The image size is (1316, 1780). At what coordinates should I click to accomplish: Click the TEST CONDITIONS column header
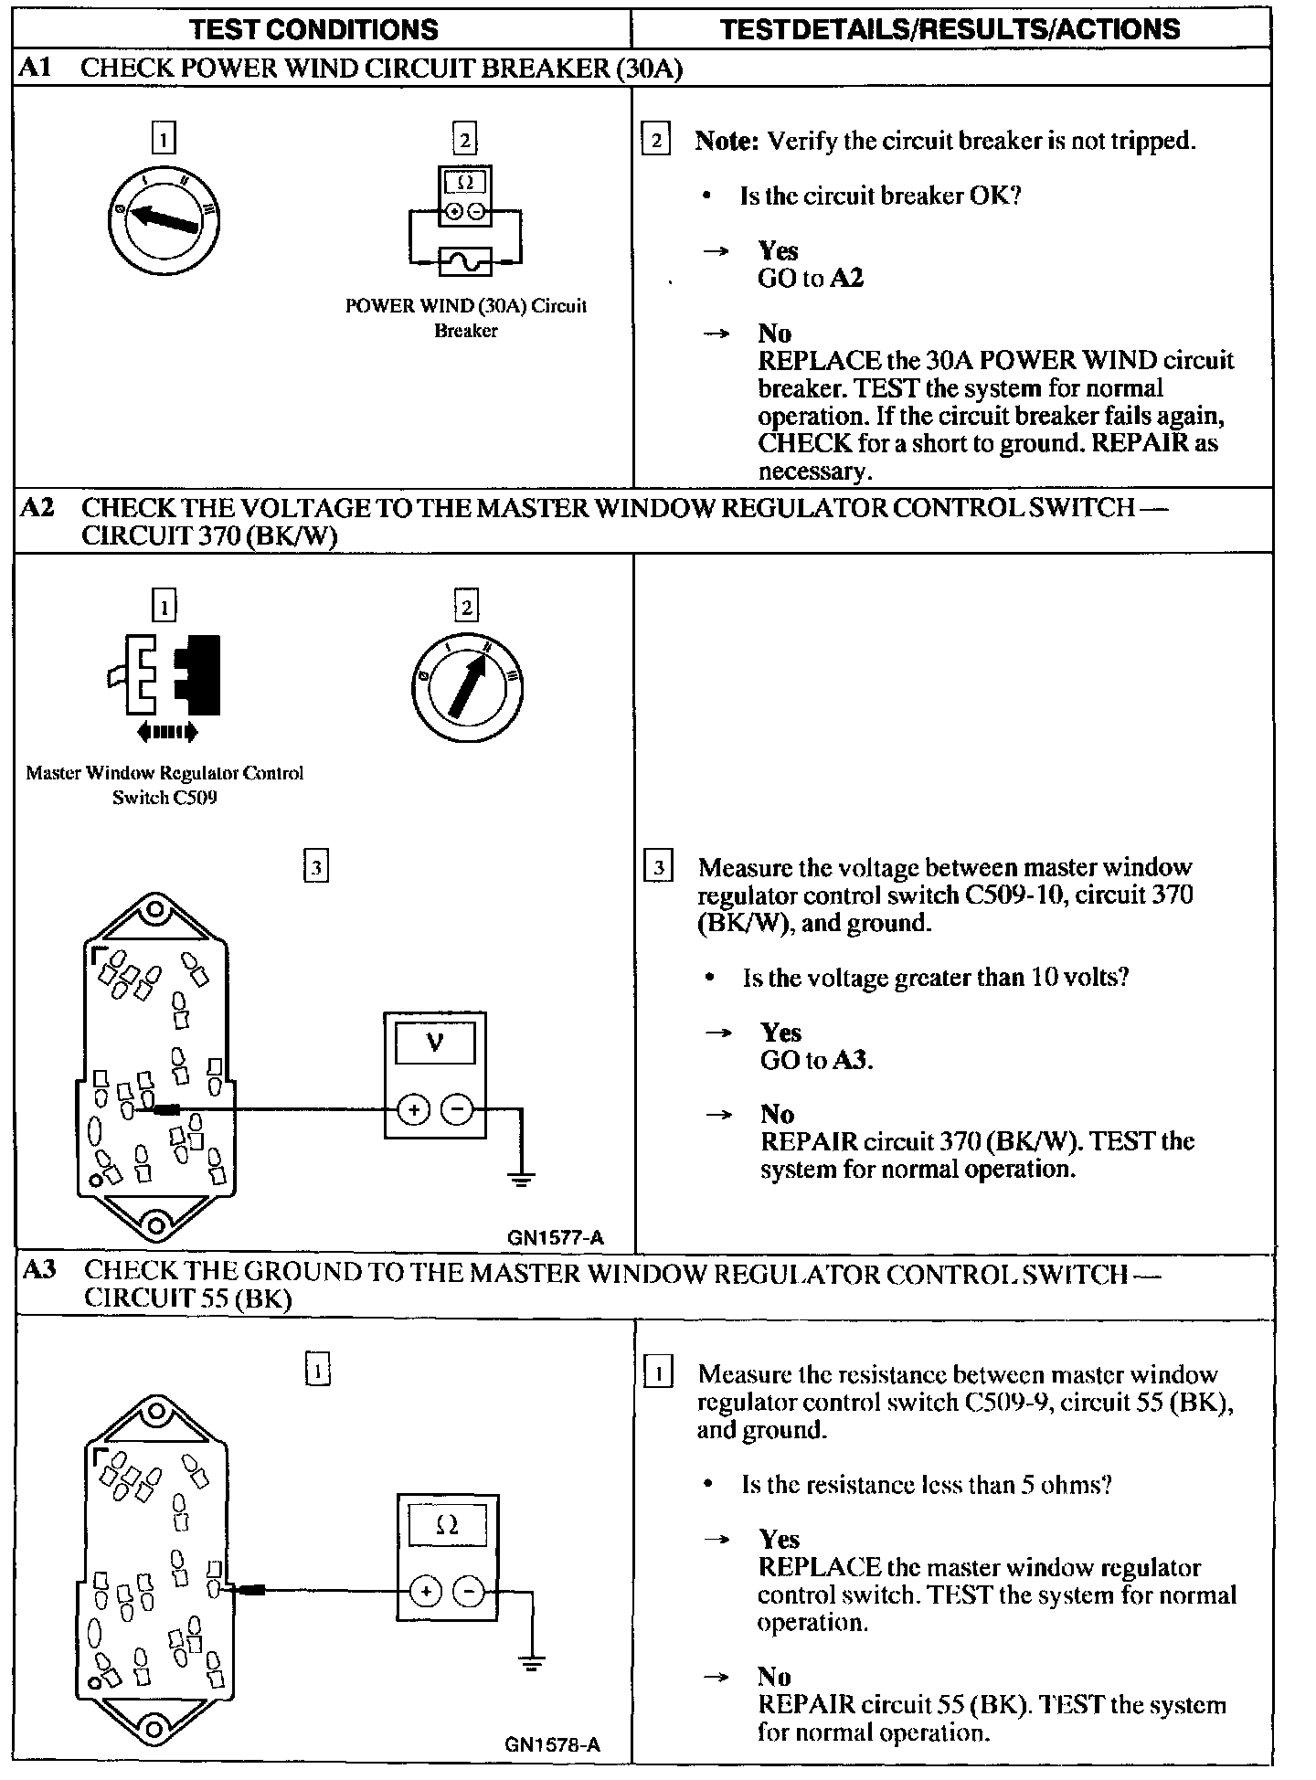click(x=313, y=29)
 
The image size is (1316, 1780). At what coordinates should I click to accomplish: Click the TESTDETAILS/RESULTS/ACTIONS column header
click(x=950, y=29)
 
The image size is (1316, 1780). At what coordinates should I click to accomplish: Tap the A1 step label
click(x=36, y=69)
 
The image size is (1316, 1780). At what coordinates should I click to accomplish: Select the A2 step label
click(x=37, y=508)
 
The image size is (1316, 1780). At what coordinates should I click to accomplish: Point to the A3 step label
click(x=39, y=1270)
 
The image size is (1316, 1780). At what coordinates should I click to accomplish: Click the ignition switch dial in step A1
click(x=164, y=220)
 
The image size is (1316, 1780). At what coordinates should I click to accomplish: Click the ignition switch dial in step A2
click(x=467, y=687)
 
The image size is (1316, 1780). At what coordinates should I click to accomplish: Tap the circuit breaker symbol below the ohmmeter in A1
click(x=465, y=261)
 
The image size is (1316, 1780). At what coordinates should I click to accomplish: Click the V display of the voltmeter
click(x=435, y=1043)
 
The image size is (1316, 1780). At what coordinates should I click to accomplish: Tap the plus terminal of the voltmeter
click(x=413, y=1110)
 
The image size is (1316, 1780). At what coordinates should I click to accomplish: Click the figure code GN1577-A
click(x=556, y=1238)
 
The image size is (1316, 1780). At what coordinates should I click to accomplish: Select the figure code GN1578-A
click(x=552, y=1744)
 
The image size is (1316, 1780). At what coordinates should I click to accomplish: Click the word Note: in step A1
click(x=727, y=142)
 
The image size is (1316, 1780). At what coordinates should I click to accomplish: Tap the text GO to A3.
click(x=816, y=1060)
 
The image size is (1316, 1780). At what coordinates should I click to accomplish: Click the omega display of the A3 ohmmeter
click(x=447, y=1526)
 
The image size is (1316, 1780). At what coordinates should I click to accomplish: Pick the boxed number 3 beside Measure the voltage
click(x=658, y=866)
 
